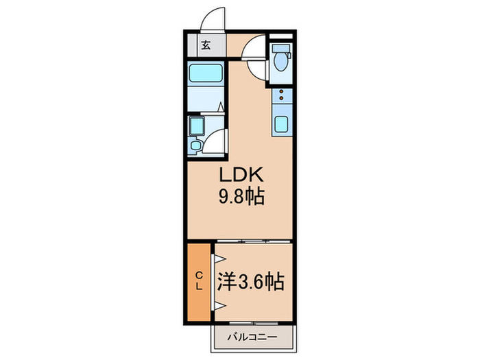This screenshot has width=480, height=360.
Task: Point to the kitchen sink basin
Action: point(281,125)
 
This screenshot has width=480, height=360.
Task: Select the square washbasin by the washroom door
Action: point(196,125)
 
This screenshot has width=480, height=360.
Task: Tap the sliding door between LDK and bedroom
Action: point(254,241)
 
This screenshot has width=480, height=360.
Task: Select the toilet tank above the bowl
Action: point(280,49)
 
